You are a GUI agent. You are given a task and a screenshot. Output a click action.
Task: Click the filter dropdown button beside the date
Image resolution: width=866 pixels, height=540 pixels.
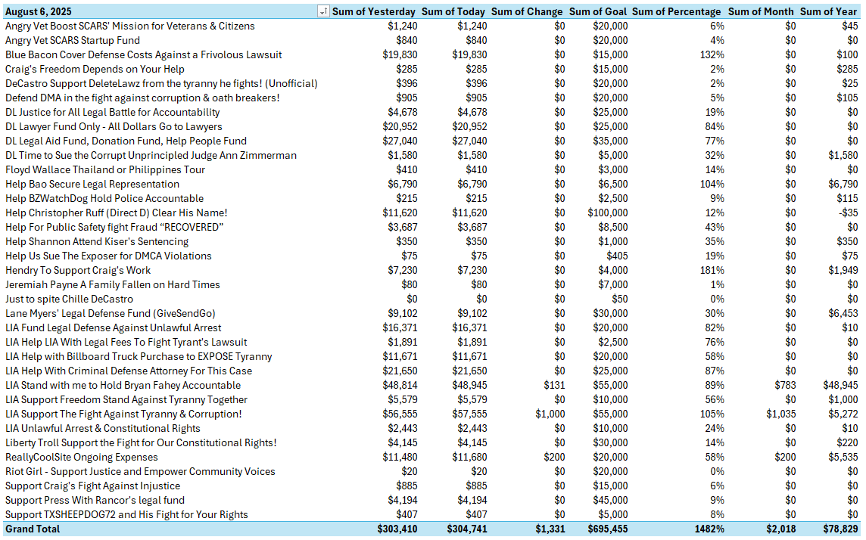323,11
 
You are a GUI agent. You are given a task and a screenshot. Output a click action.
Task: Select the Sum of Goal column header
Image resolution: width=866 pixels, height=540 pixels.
598,11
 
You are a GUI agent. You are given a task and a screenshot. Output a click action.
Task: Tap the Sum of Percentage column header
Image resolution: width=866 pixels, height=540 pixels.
677,11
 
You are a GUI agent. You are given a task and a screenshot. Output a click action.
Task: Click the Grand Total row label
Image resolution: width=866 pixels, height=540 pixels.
33,529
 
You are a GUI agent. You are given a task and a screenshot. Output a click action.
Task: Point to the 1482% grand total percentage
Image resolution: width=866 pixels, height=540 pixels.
709,529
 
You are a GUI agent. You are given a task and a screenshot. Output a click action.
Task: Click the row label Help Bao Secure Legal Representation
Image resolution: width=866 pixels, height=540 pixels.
92,184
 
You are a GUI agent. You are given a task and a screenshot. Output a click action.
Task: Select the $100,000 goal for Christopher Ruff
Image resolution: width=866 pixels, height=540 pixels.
607,213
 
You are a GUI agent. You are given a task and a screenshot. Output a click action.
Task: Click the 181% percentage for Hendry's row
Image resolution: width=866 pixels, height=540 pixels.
712,270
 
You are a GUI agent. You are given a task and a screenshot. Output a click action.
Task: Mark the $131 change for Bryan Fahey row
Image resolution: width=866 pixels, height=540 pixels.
554,385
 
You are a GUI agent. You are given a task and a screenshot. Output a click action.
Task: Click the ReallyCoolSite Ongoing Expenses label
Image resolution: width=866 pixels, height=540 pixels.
82,457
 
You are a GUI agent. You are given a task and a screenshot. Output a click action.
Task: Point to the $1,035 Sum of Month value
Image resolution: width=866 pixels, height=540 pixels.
780,414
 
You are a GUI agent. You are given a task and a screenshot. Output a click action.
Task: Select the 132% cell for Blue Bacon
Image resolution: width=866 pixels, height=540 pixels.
712,54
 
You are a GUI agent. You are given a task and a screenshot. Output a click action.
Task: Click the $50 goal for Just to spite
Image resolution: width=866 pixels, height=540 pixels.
618,299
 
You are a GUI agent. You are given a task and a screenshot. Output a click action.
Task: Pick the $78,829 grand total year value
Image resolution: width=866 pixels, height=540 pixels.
840,529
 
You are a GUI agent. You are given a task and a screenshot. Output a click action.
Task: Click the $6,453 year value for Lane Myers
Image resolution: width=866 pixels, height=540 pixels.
843,313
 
